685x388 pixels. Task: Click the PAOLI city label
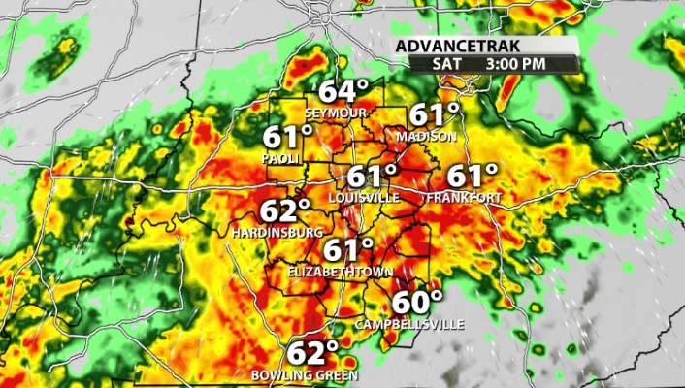click(282, 157)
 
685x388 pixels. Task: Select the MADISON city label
click(426, 137)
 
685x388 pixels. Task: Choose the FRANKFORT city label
click(464, 198)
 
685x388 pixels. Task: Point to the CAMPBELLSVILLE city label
click(408, 323)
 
